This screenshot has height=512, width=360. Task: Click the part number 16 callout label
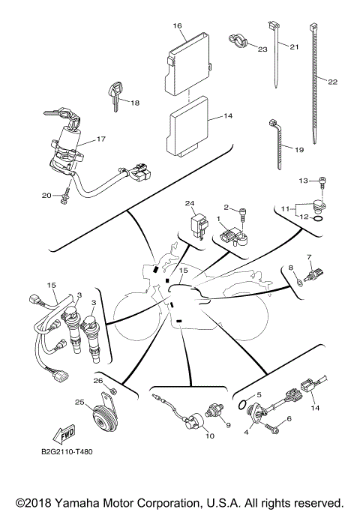point(178,26)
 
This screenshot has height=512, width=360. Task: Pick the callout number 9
point(229,425)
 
